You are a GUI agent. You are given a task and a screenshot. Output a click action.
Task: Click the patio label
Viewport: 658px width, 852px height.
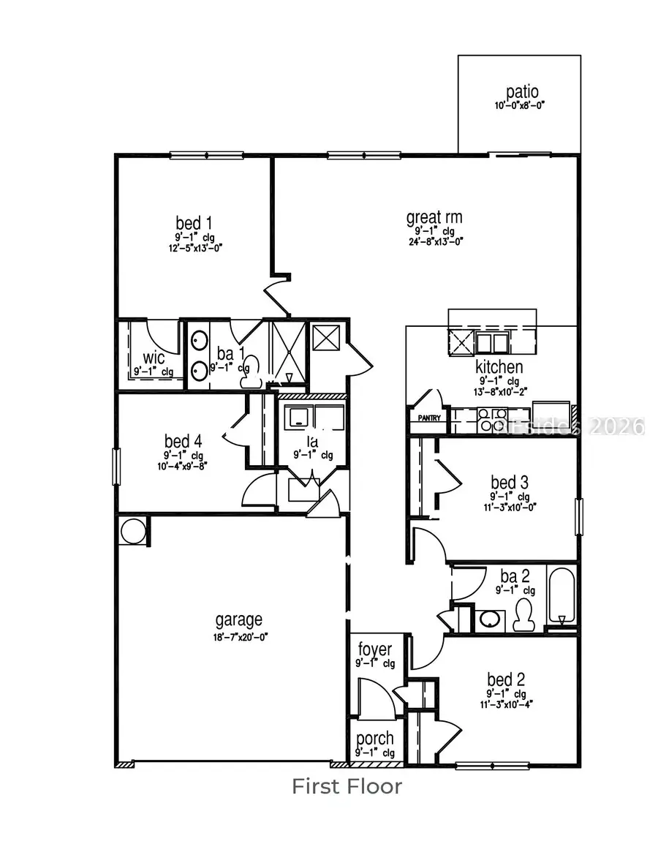point(522,93)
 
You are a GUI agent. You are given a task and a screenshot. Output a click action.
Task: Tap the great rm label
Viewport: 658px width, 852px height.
point(434,217)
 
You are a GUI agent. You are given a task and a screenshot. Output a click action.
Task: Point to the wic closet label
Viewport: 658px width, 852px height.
point(154,358)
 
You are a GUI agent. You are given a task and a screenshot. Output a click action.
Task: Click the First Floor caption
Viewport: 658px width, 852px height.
point(347,786)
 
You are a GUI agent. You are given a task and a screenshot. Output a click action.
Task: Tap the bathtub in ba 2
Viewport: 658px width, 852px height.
point(561,597)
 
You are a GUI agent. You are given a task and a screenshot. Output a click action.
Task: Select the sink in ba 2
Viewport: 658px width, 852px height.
point(491,620)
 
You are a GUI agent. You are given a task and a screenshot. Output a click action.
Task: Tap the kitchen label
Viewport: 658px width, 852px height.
point(499,367)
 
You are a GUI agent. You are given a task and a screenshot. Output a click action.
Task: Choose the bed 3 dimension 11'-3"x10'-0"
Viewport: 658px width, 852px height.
point(509,507)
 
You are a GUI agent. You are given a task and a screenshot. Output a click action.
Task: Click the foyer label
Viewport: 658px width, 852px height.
point(375,649)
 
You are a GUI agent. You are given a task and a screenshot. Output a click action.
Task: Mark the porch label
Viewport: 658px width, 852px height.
point(374,739)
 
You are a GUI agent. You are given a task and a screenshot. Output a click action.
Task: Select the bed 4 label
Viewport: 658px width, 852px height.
point(183,441)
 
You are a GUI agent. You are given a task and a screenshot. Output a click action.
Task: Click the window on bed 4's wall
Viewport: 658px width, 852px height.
point(115,466)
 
